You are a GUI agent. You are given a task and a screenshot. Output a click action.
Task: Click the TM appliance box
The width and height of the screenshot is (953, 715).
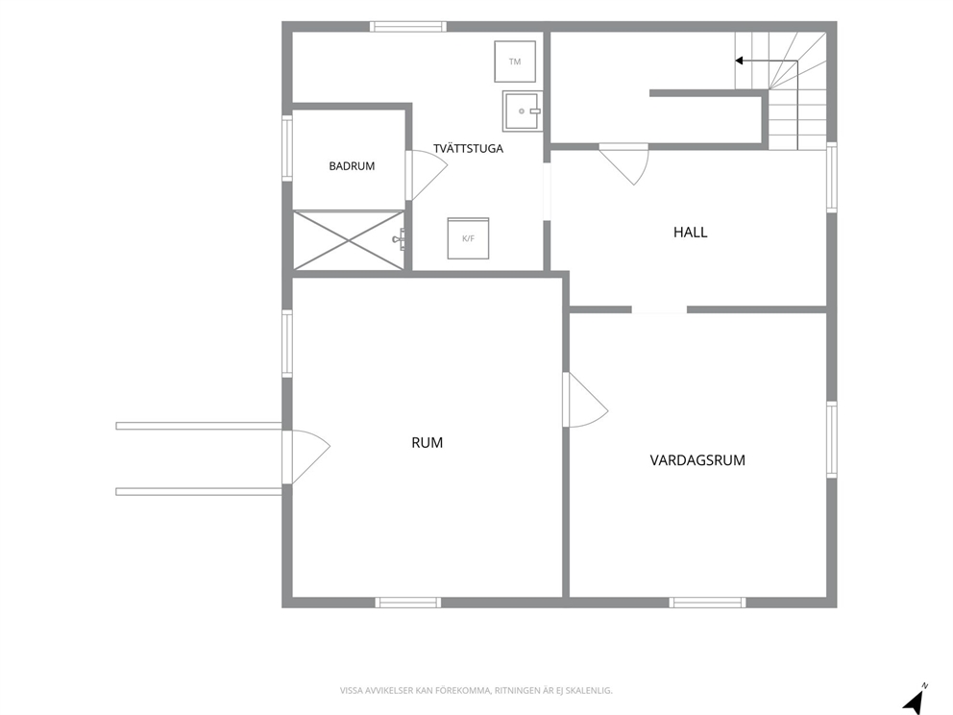[515, 62]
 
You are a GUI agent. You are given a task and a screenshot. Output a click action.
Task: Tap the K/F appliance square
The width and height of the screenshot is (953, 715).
[468, 238]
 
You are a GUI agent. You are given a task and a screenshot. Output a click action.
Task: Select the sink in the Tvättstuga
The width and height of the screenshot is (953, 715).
[523, 111]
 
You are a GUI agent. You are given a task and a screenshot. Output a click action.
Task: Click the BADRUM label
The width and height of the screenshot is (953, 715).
[352, 166]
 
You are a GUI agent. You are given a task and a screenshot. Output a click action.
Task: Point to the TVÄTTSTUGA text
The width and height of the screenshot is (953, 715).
[468, 148]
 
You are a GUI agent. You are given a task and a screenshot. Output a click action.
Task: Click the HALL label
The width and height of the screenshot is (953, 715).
[691, 233]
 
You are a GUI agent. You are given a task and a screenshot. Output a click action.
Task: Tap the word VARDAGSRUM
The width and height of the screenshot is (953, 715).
[697, 460]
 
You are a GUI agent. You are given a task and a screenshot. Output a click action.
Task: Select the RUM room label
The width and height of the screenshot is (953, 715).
[428, 443]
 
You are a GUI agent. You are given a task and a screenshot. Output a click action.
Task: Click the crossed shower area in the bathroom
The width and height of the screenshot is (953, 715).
[349, 239]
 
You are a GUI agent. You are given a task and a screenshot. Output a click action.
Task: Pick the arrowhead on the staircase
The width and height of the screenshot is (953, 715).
[739, 61]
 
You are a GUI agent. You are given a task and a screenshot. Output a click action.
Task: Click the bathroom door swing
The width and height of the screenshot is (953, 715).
[428, 175]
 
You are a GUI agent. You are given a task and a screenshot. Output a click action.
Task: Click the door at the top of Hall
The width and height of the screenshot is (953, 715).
[624, 163]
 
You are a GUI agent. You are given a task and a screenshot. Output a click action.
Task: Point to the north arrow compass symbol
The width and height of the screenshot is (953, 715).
[915, 700]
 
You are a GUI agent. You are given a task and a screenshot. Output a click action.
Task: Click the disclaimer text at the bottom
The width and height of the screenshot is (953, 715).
[476, 691]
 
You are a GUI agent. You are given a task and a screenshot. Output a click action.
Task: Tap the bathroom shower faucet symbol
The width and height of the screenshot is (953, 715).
[400, 239]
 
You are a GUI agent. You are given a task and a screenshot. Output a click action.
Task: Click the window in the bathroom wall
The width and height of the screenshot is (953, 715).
[287, 148]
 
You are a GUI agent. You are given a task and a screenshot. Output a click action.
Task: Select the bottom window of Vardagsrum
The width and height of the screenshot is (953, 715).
[707, 603]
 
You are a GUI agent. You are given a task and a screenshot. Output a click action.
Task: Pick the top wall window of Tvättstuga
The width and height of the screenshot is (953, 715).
[408, 27]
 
